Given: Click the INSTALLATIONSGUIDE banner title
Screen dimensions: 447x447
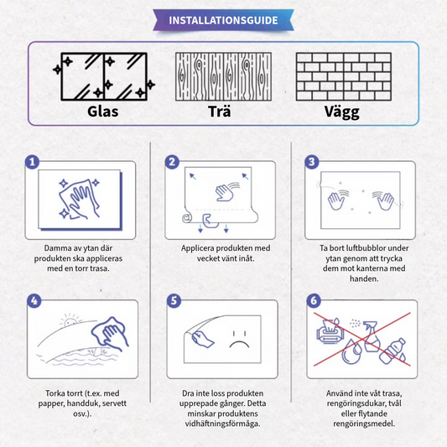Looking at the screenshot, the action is coord(223,20).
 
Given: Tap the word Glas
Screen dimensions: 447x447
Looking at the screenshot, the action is coord(103,112).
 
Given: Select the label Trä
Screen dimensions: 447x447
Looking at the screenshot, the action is coord(219,112).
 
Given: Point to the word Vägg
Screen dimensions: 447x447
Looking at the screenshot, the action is coord(342,112).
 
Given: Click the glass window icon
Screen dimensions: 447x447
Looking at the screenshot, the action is coord(104,76).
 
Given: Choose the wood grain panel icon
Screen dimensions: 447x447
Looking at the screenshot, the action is coord(223,76).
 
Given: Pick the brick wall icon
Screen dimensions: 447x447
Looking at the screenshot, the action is coord(344,76).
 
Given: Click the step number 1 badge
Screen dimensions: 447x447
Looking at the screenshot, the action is coord(32,162).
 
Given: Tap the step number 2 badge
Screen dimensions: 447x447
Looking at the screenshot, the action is coord(172,162).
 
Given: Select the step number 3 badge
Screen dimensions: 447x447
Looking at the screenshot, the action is coord(312,162).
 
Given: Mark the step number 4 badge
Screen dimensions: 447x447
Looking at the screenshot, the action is coord(34,301).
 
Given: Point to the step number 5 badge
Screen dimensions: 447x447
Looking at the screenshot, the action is coord(174,301).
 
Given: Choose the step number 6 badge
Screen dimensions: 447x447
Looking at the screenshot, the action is coord(314,300).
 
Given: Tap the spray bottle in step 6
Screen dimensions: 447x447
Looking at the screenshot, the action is coord(371,336).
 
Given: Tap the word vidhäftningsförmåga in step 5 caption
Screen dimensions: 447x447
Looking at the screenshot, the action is coord(222,424).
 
